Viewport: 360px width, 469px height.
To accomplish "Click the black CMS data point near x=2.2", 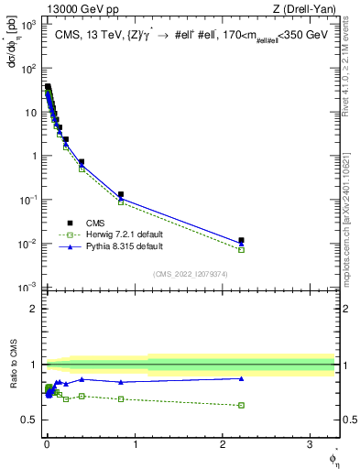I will click(x=241, y=240).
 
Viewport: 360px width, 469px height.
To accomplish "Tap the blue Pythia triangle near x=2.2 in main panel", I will click(x=241, y=244).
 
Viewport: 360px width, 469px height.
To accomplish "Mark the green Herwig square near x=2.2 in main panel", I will click(x=241, y=249).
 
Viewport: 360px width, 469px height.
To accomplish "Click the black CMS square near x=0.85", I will click(x=121, y=194).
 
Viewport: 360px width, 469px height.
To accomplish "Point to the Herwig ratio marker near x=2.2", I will click(x=241, y=405).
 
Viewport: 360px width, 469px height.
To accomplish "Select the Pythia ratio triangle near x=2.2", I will click(x=241, y=378).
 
